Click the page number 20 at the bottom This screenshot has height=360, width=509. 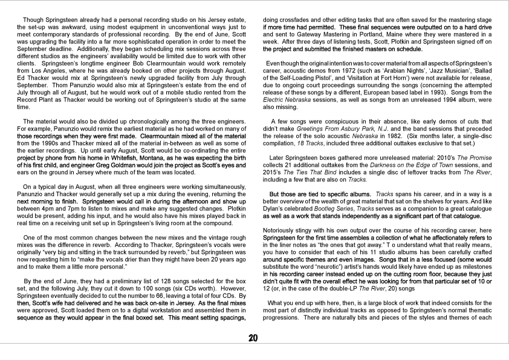coord(254,338)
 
